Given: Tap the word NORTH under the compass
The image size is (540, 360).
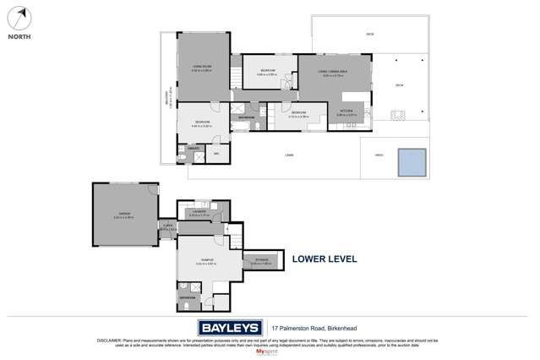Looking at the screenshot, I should [20, 37].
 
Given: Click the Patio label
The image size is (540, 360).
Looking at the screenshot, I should [379, 155].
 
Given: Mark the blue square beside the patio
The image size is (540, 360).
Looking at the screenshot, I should [412, 160].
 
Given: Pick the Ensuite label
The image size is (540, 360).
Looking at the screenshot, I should [194, 147].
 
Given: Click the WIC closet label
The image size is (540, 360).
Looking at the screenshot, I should [216, 153].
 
